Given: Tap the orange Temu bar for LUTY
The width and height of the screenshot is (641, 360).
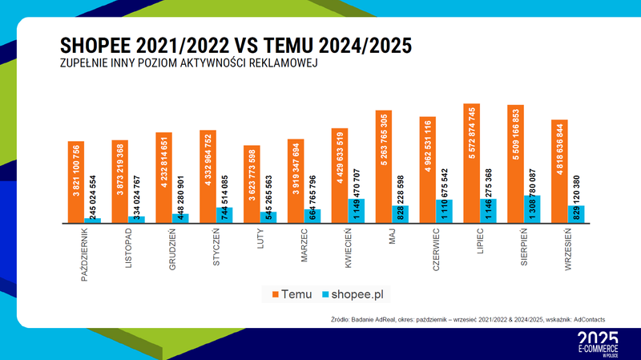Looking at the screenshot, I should point(252,184).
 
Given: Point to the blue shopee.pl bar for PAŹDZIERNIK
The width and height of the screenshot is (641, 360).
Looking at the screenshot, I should point(93,220).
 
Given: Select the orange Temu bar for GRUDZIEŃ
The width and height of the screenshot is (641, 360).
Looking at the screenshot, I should point(163,177).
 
